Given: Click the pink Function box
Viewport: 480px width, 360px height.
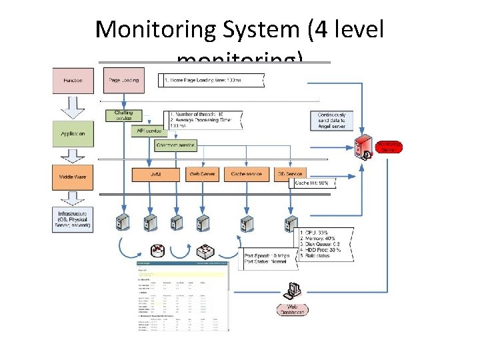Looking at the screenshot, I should point(73,81).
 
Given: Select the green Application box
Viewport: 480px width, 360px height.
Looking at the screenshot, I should point(73,134).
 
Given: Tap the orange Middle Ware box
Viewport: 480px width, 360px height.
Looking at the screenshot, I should point(73,177).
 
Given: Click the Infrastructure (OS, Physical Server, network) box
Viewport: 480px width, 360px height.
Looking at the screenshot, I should point(73,219).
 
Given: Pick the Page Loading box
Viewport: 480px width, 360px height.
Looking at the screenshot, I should point(124,80).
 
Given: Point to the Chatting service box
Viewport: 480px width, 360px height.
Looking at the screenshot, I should point(124,116).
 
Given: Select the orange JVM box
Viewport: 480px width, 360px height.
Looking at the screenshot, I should point(155,175).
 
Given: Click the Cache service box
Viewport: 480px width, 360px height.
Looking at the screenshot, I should point(245,175).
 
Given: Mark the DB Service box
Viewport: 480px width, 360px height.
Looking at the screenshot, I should point(289,175).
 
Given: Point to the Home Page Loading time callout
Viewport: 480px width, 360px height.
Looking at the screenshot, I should point(210,81).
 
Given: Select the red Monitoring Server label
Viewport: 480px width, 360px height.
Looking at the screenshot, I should point(391,147).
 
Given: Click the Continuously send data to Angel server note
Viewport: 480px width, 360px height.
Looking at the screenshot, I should point(331,121).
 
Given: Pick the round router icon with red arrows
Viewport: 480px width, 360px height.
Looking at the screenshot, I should point(158,251).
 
